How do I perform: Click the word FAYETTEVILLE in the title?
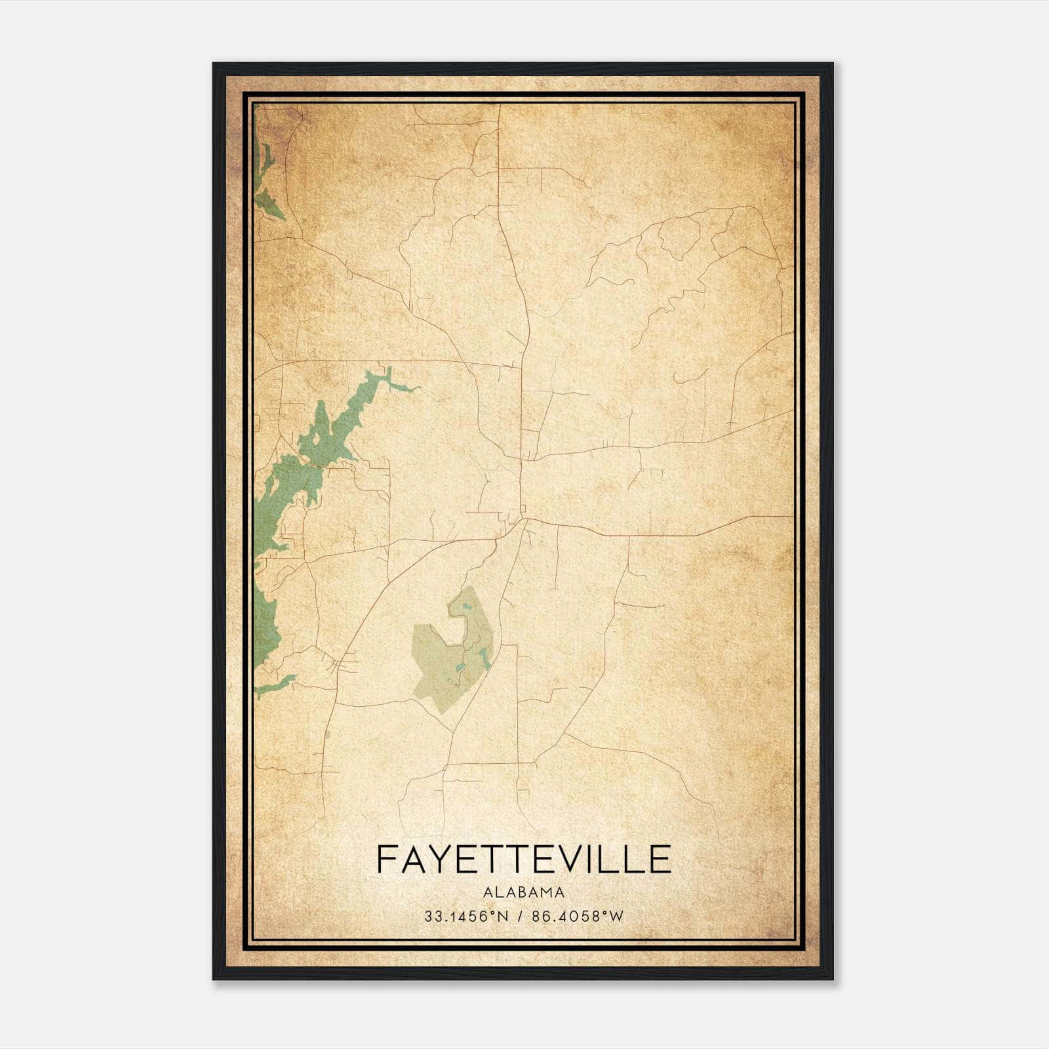tap(524, 860)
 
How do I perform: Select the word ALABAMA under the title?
tap(524, 892)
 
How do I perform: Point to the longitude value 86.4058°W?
tap(577, 917)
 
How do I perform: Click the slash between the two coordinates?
tap(519, 917)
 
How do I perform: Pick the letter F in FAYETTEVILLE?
tap(387, 860)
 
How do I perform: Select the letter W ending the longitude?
tap(617, 917)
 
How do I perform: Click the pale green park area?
tap(439, 669)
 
